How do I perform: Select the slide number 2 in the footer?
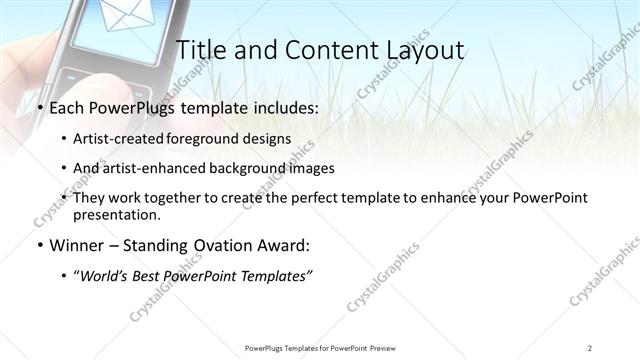(x=590, y=347)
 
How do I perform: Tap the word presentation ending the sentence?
(x=117, y=214)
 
